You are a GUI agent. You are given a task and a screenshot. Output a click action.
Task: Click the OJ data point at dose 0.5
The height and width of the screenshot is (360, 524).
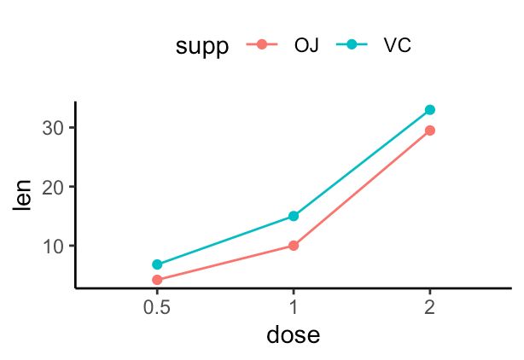[157, 280]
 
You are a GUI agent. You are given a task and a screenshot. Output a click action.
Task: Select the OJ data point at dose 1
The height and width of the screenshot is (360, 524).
[294, 245]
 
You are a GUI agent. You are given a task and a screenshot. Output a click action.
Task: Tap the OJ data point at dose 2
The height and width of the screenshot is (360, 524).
[430, 131]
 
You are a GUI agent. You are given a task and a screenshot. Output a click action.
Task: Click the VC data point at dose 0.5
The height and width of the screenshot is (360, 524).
[157, 264]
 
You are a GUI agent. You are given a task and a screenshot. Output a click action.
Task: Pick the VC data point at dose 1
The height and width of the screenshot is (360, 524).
[294, 216]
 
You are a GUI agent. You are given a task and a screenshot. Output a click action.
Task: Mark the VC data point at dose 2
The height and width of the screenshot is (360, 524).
[430, 110]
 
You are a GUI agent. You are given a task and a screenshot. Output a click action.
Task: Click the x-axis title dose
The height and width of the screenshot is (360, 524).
[293, 334]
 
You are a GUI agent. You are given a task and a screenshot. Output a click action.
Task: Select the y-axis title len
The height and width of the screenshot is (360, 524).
[22, 195]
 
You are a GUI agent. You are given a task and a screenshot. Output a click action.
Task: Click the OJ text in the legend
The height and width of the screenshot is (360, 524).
[306, 46]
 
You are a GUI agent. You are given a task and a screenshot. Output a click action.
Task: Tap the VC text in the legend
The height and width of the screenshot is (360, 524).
[397, 46]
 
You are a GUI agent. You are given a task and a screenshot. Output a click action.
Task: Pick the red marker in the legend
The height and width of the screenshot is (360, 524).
[262, 46]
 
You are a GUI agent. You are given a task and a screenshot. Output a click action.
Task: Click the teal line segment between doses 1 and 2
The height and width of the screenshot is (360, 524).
[362, 163]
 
